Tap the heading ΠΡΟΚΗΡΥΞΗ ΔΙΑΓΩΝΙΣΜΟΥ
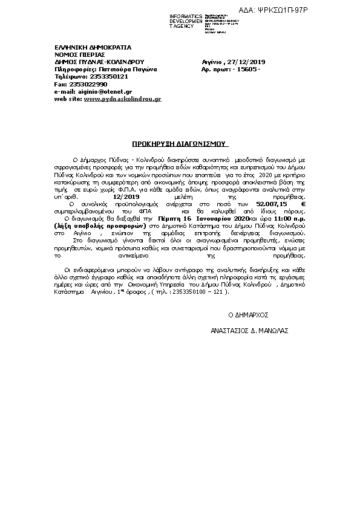[179, 145]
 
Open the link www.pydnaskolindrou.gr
[122, 98]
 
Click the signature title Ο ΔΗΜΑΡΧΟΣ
[247, 316]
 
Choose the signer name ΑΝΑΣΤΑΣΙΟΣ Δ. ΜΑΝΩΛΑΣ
[249, 331]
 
